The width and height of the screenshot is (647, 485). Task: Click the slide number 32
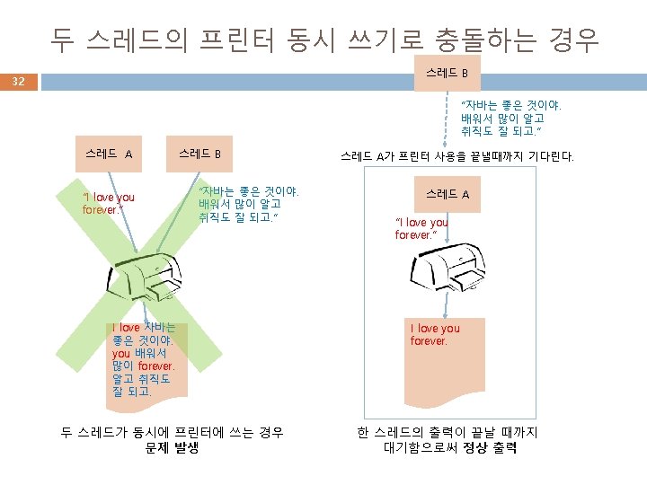tap(18, 82)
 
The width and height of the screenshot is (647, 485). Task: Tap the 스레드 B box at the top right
tap(447, 72)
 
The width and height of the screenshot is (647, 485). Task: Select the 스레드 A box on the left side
tap(109, 154)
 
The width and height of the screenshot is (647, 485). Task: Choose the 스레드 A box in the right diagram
tap(447, 193)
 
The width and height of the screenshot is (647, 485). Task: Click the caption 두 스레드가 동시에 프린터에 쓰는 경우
tap(172, 433)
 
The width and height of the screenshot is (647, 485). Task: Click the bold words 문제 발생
tap(172, 447)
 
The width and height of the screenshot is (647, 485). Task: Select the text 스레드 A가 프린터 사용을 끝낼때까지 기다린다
tap(457, 156)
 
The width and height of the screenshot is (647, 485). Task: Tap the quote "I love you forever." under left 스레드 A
tap(108, 204)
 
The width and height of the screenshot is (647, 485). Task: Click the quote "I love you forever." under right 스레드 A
tap(421, 228)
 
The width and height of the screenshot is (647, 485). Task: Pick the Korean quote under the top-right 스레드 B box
tap(510, 119)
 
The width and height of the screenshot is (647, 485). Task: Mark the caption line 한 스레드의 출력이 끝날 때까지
tap(447, 433)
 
